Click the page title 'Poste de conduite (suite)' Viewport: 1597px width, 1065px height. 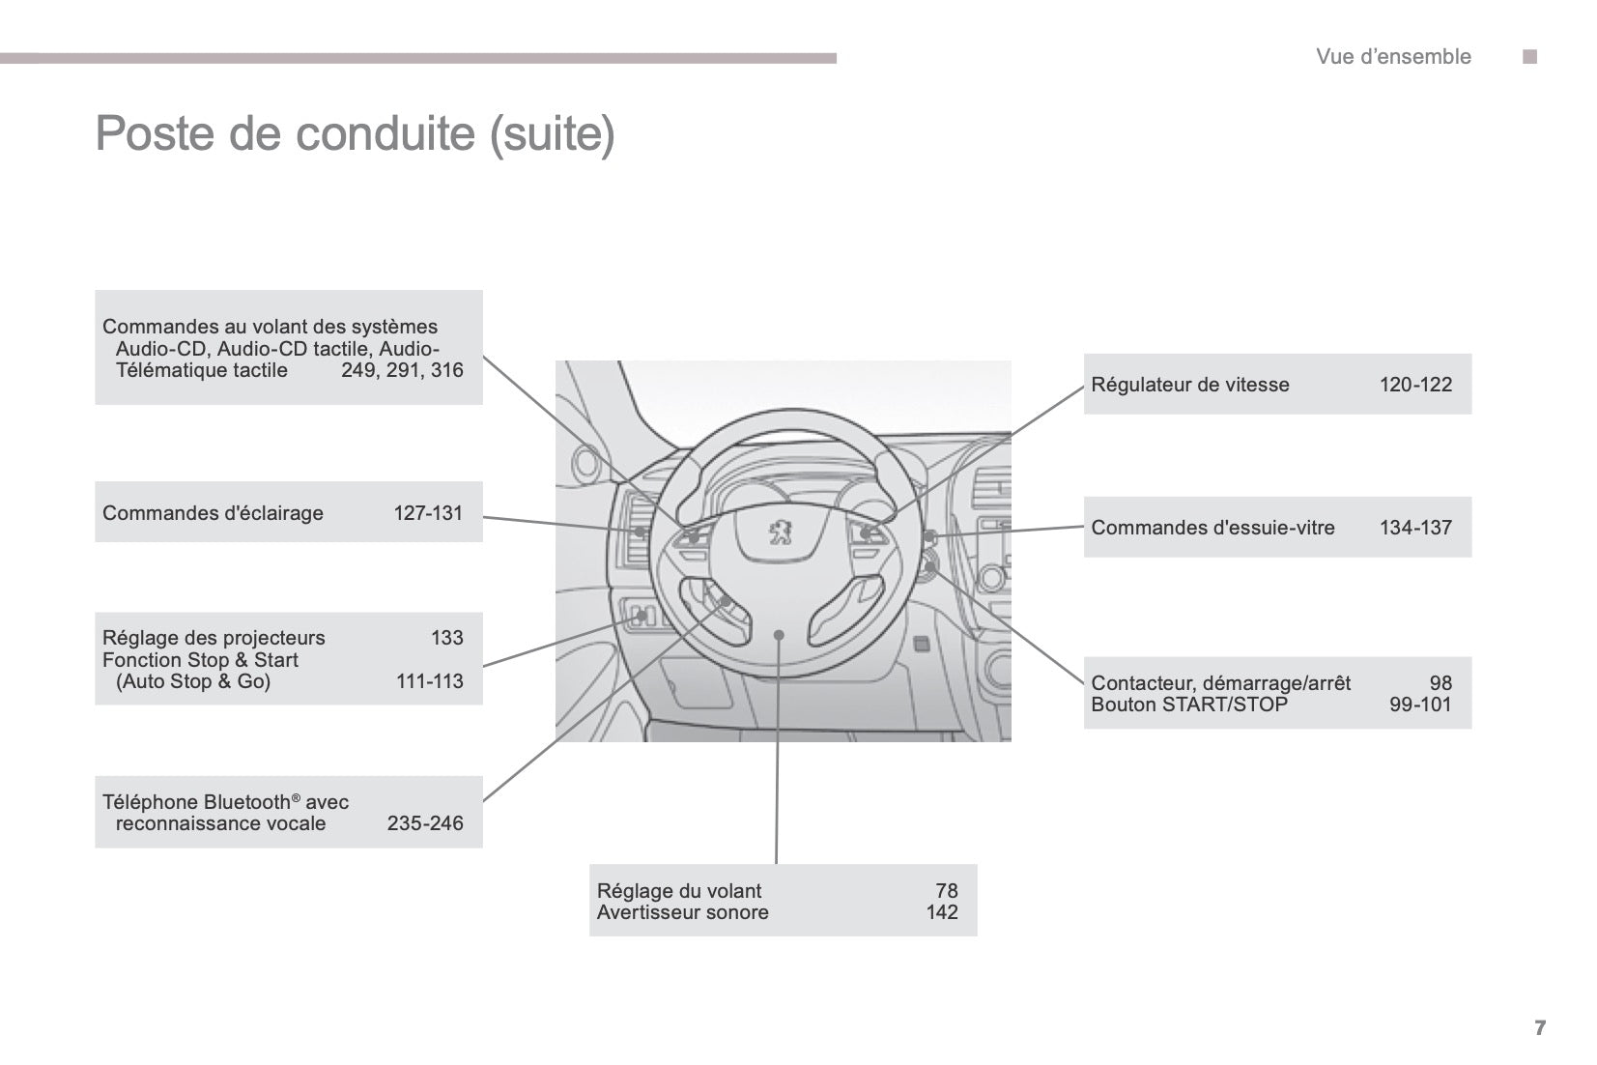tap(355, 133)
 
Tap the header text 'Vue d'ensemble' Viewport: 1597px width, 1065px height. tap(1392, 57)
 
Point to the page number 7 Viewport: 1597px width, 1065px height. tap(1540, 1027)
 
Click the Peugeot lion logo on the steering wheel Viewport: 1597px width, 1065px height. tap(780, 532)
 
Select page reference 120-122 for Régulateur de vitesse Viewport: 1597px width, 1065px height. tap(1415, 385)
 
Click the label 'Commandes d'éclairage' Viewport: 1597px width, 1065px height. tap(213, 513)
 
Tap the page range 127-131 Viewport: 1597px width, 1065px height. tap(428, 513)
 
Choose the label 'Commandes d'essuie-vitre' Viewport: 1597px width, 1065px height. tap(1212, 528)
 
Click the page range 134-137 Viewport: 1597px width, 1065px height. tap(1415, 528)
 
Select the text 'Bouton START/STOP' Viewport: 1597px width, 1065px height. tap(1188, 705)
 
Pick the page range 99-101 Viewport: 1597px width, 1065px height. tap(1420, 705)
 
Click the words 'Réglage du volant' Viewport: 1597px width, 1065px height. tap(679, 891)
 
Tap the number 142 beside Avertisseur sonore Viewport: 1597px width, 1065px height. tap(942, 912)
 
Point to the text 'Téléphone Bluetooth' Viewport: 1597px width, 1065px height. tap(196, 802)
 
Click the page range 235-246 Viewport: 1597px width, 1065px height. tap(425, 823)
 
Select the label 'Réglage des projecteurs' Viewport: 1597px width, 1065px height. tap(214, 638)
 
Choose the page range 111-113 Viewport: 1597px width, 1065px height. tap(430, 681)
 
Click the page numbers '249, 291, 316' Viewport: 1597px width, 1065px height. tap(402, 370)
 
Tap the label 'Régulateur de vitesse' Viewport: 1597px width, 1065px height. tap(1189, 385)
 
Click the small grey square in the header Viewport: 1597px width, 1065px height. tap(1529, 57)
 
